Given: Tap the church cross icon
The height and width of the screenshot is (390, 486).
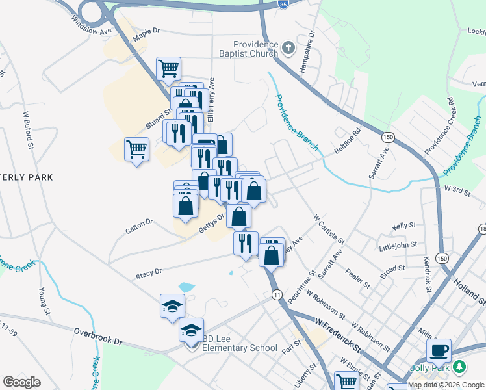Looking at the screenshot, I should (288, 48).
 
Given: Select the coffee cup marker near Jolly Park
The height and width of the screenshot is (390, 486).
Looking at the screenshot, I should (439, 350).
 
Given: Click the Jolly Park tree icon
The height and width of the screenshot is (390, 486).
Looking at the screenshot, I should (460, 367).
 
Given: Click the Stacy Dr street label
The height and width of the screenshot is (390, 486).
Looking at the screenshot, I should (148, 274).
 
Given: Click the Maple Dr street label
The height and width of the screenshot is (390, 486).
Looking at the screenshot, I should (146, 35).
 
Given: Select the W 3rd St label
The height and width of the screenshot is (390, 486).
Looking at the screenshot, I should (457, 188).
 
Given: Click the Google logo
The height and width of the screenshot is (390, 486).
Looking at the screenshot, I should (21, 382).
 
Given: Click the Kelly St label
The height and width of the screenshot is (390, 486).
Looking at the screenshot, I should (404, 226).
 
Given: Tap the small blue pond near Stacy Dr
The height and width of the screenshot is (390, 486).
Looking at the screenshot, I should (186, 287).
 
